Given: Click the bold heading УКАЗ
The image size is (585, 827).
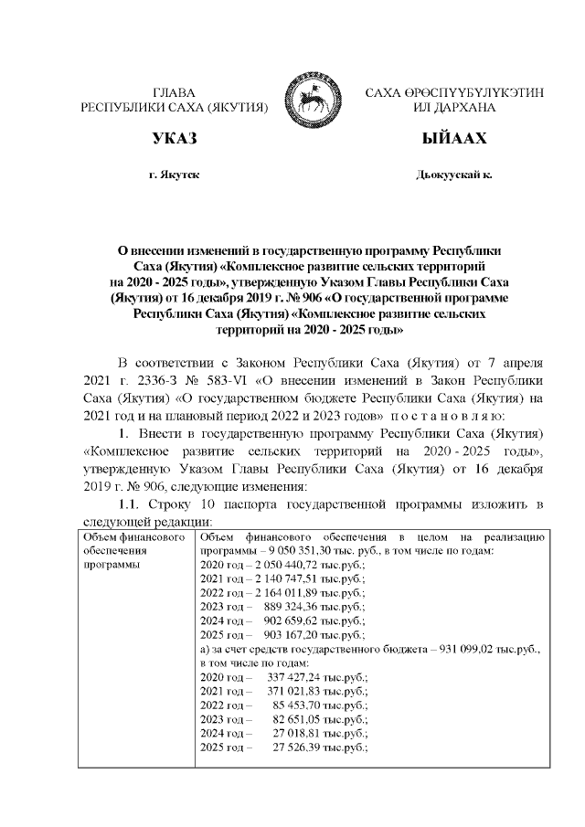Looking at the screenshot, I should [x=174, y=140].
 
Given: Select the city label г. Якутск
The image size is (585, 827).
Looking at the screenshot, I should [x=174, y=174].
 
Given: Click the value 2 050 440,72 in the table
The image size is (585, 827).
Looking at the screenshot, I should [x=271, y=567].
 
